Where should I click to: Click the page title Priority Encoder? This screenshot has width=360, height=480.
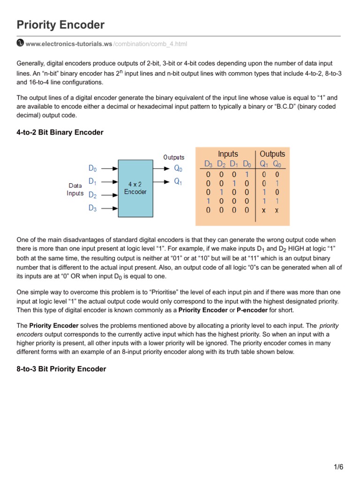(60, 25)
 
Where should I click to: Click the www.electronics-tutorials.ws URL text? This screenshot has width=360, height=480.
(69, 44)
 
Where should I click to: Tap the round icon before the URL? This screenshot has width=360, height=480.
(20, 43)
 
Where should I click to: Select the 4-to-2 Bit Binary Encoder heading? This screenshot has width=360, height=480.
(60, 133)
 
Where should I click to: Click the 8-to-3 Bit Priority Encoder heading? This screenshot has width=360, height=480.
(61, 369)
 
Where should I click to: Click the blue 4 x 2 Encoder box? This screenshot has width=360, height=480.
(135, 188)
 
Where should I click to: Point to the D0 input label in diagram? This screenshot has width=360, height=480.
(93, 168)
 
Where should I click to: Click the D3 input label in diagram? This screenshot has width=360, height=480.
(93, 209)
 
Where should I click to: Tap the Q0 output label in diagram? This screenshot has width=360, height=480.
(179, 168)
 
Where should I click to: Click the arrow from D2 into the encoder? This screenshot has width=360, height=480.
(109, 195)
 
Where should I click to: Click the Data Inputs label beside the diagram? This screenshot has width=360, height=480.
(75, 189)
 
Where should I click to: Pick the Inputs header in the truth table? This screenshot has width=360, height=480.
(228, 154)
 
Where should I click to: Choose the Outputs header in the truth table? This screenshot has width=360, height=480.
(272, 154)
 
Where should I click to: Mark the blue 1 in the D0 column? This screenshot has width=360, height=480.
(247, 174)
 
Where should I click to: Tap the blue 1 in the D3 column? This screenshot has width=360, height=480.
(209, 201)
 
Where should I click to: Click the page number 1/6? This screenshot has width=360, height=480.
(338, 467)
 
